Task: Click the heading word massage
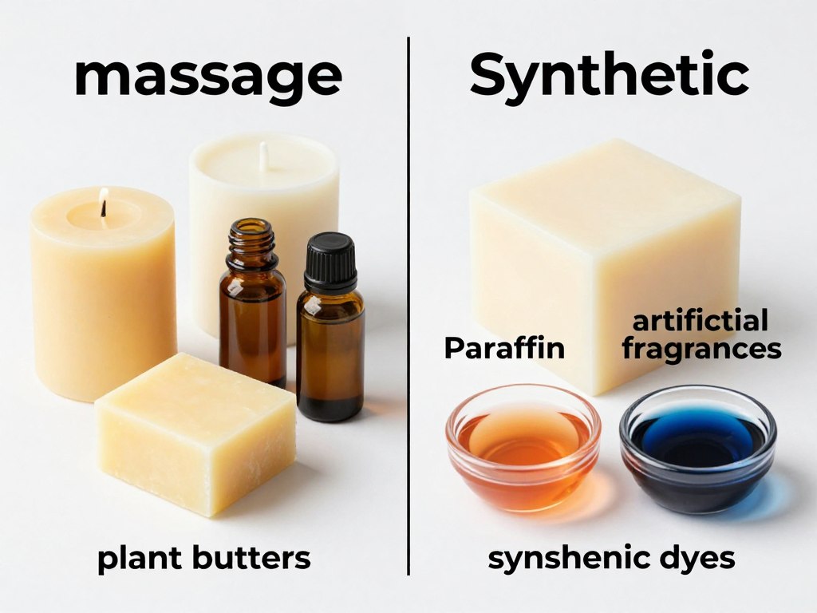tap(207, 77)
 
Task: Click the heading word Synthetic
tap(609, 77)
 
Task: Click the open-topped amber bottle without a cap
tap(252, 311)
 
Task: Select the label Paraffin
tap(504, 348)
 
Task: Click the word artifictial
tap(700, 322)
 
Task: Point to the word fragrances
tap(701, 349)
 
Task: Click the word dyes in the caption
tap(694, 560)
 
